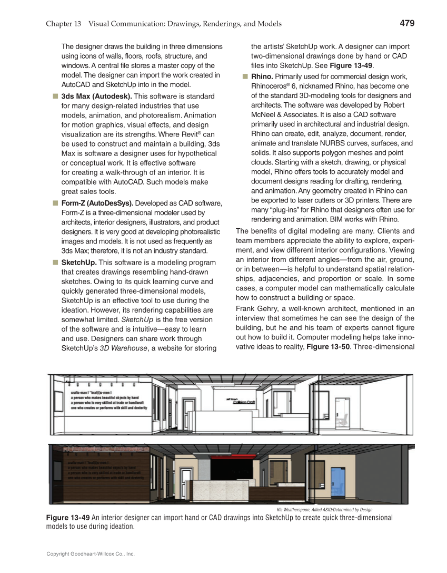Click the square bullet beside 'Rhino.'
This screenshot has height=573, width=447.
[245, 76]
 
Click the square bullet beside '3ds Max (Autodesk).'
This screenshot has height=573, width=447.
[55, 96]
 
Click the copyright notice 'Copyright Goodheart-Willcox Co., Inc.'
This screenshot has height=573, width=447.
[91, 554]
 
